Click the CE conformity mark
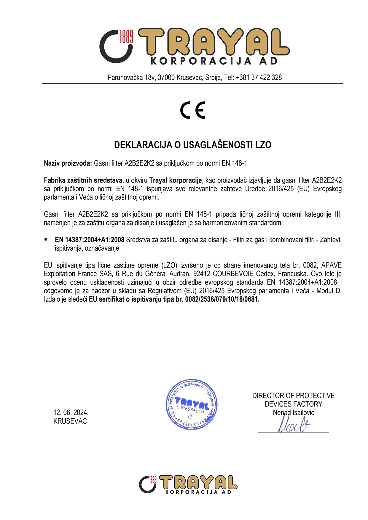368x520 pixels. click(x=193, y=110)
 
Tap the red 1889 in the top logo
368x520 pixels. click(x=126, y=36)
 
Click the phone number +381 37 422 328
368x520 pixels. click(x=259, y=78)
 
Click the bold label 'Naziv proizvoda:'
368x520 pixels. click(x=68, y=163)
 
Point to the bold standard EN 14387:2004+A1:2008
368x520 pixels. click(x=90, y=240)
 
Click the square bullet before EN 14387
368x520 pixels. click(x=46, y=239)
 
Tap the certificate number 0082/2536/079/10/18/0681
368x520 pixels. click(x=222, y=299)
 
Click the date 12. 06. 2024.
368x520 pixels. click(x=71, y=412)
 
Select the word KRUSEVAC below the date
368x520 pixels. click(x=70, y=421)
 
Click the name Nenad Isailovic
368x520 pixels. click(x=293, y=412)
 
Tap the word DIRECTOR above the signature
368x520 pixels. click(x=268, y=396)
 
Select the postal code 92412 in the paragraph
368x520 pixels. click(x=202, y=274)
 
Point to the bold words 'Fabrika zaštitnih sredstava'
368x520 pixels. click(x=83, y=180)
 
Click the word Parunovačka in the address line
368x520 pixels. click(x=125, y=78)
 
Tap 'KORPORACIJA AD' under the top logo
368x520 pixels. click(x=214, y=61)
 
